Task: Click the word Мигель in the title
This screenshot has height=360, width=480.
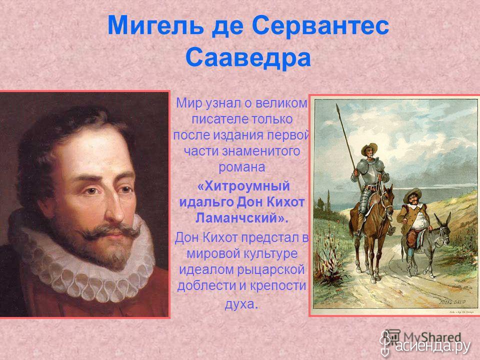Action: point(155,25)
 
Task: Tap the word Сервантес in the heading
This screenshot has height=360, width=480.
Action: point(320,25)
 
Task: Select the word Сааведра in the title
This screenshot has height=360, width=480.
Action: point(248,58)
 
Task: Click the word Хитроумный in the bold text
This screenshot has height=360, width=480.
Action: point(243,186)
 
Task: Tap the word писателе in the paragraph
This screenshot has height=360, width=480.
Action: point(216,119)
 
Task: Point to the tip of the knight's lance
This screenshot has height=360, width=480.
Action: point(337,105)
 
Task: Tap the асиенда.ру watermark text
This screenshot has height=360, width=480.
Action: point(433,346)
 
